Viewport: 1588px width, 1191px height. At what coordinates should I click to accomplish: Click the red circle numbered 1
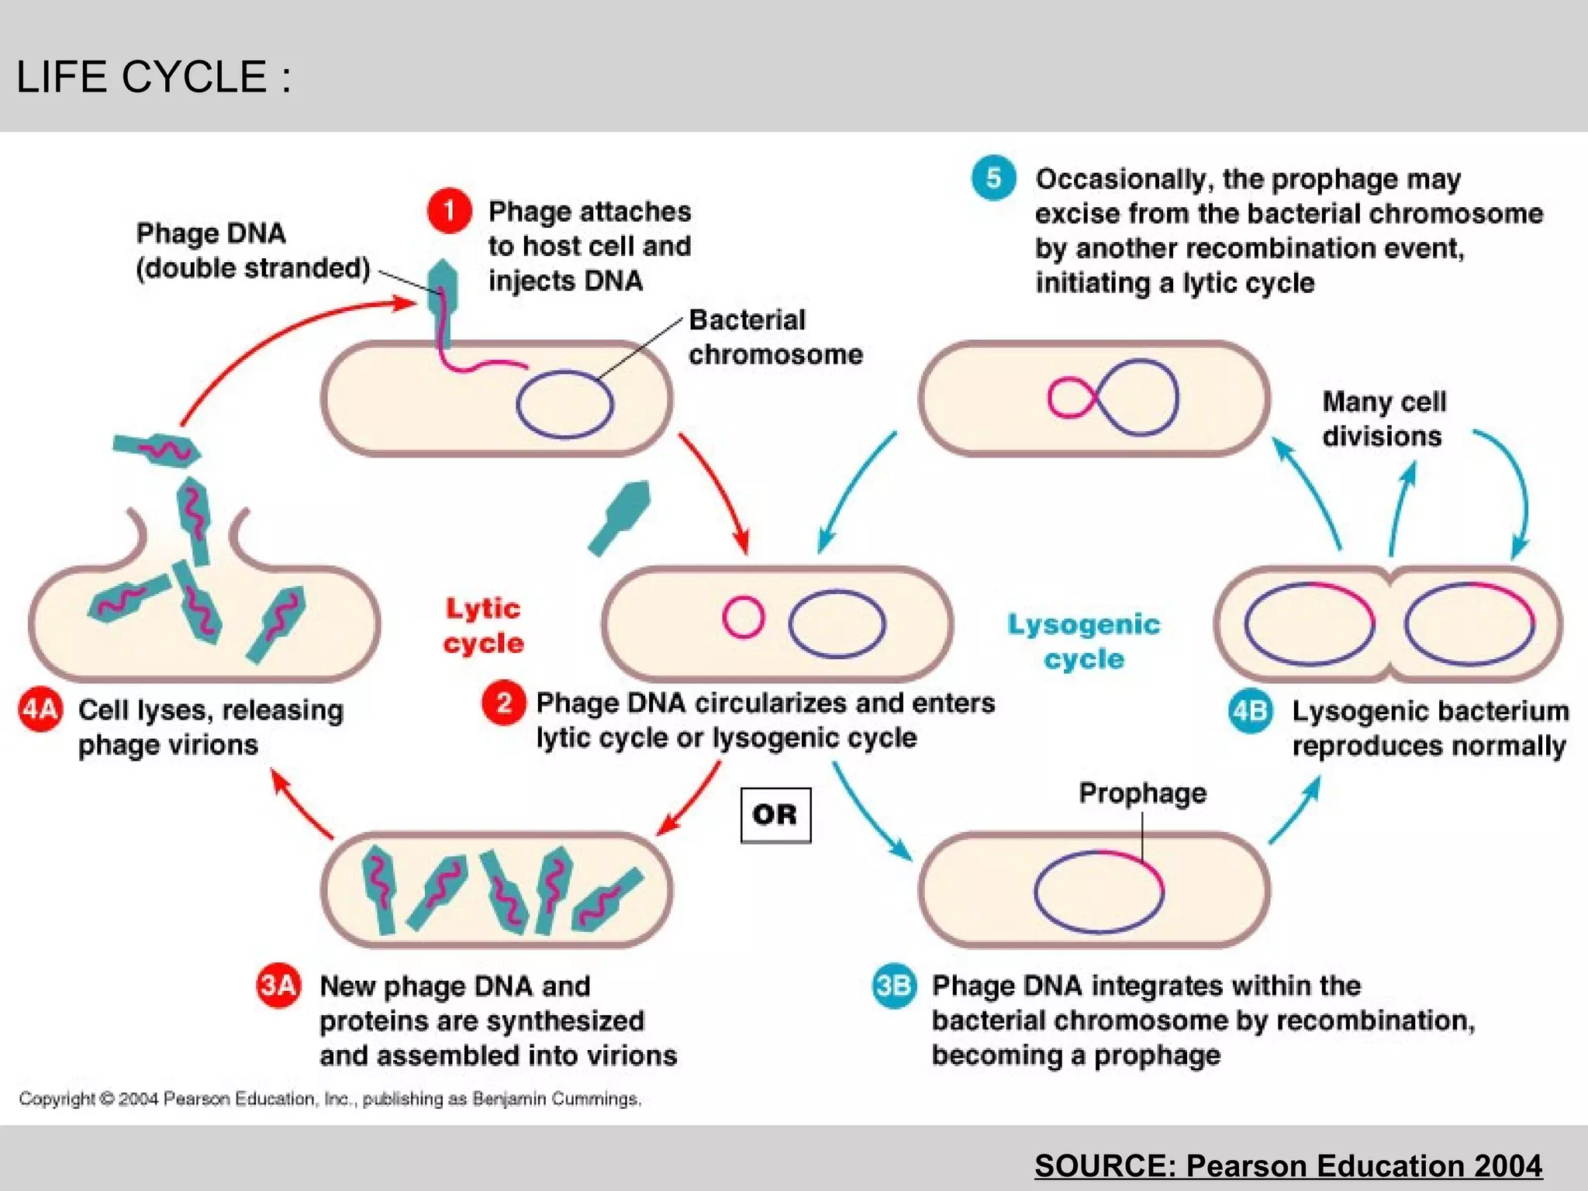(449, 210)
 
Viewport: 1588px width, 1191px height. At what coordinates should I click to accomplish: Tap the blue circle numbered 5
(993, 178)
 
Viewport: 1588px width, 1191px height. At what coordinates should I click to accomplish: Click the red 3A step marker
(278, 986)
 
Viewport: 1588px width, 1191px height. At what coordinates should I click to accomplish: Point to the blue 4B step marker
(1250, 710)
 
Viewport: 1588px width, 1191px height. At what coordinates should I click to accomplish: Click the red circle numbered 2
(503, 703)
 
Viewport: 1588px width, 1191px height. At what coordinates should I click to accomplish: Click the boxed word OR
(775, 815)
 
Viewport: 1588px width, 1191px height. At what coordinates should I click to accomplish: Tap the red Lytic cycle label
(483, 626)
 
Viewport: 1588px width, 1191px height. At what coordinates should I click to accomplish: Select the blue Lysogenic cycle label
(1083, 641)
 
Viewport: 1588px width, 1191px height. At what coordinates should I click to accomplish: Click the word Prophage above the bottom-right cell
(1142, 792)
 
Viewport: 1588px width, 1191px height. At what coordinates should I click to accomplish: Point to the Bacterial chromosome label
(775, 337)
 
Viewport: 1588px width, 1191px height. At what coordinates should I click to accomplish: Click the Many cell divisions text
(1383, 419)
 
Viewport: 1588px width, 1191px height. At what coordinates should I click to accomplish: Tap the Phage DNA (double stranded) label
(252, 250)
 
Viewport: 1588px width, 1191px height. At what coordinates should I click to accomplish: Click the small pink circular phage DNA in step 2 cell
(743, 617)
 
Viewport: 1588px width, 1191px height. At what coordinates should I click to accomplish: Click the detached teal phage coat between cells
(620, 516)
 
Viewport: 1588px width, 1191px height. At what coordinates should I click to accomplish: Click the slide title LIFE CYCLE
(154, 77)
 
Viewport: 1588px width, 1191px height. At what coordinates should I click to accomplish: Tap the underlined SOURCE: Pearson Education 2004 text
(1288, 1165)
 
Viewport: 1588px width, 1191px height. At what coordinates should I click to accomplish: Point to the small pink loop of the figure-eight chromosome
(1070, 398)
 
